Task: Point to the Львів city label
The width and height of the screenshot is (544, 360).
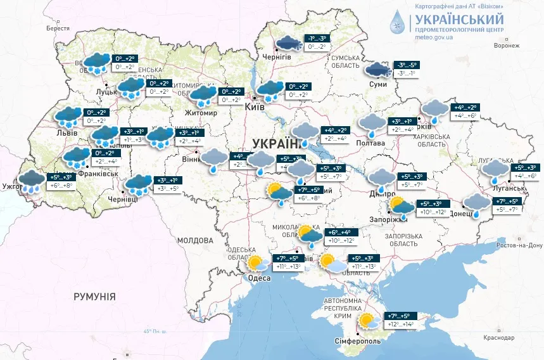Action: tap(66, 133)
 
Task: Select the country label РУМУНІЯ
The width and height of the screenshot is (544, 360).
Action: tap(94, 296)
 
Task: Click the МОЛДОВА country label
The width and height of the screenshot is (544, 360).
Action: tap(195, 240)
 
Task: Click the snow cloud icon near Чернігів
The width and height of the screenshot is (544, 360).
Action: tap(289, 42)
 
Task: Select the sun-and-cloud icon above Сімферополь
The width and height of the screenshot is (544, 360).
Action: tap(367, 321)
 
